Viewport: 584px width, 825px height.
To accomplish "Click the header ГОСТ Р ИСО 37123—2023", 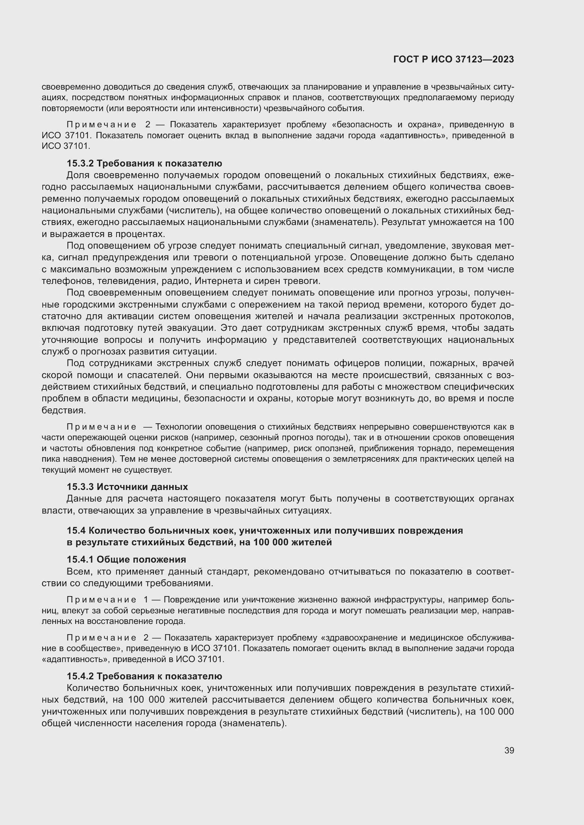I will click(453, 59).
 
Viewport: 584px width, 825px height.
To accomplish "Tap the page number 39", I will click(509, 750).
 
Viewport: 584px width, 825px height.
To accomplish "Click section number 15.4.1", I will click(80, 559).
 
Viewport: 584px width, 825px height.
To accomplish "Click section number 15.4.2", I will click(80, 676).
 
